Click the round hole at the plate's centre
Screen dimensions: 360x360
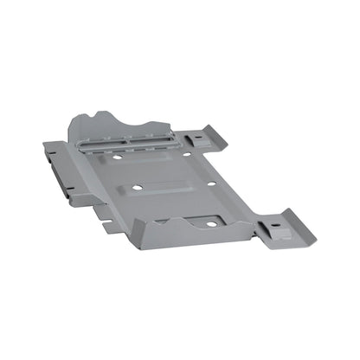coord(138,190)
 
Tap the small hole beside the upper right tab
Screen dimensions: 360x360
coord(186,154)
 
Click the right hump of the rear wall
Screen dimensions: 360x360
coord(158,124)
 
